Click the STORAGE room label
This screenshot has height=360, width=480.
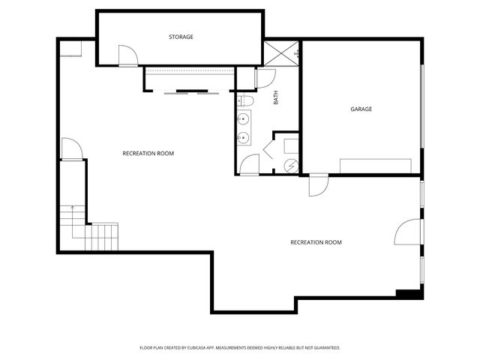click(x=181, y=37)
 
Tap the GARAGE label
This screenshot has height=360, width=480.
click(x=361, y=109)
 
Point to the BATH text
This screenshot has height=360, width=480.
click(x=275, y=97)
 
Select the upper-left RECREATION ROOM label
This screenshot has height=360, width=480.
click(x=148, y=153)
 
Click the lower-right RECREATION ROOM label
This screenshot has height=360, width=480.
click(x=316, y=242)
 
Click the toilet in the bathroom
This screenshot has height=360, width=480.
click(x=247, y=100)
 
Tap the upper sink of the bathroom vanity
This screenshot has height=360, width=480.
click(x=244, y=119)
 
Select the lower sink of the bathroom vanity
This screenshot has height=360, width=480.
click(x=244, y=137)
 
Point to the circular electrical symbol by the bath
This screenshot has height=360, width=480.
click(x=292, y=166)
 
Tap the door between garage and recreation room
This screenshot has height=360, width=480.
click(x=318, y=185)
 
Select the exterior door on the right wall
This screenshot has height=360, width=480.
click(x=408, y=232)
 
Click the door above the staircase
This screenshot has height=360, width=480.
click(x=70, y=149)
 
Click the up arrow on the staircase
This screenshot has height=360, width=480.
click(x=72, y=208)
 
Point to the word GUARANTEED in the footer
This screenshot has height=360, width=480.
click(x=325, y=348)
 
